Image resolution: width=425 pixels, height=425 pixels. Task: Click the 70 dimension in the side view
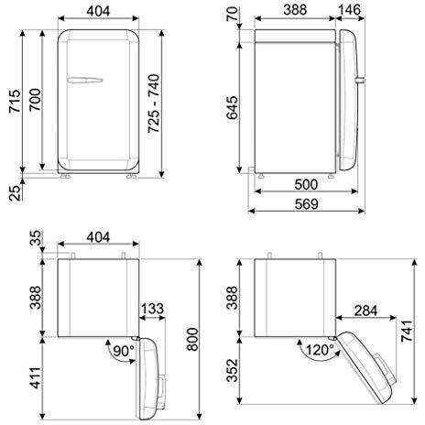click(237, 16)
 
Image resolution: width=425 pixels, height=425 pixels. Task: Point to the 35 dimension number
click(36, 240)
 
